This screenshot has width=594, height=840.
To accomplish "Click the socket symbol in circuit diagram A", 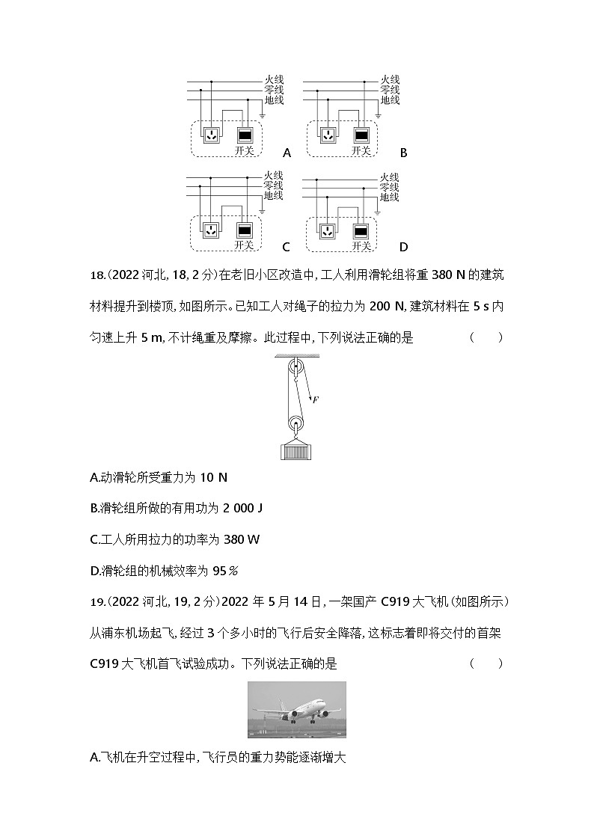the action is [212, 135].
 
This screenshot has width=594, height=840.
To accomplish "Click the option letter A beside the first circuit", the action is [287, 153].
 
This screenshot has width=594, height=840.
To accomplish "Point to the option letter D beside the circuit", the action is [404, 247].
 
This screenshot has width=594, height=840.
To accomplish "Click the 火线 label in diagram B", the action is [390, 79].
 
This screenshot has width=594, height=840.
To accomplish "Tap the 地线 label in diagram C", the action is [273, 196].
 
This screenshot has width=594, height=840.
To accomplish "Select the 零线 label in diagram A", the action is [273, 89].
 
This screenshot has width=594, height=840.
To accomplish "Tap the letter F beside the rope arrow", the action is [315, 400].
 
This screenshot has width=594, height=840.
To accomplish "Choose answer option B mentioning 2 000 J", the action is [176, 509].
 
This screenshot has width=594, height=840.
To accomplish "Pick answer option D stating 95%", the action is [163, 571].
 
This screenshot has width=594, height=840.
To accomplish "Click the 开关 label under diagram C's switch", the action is [245, 245].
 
